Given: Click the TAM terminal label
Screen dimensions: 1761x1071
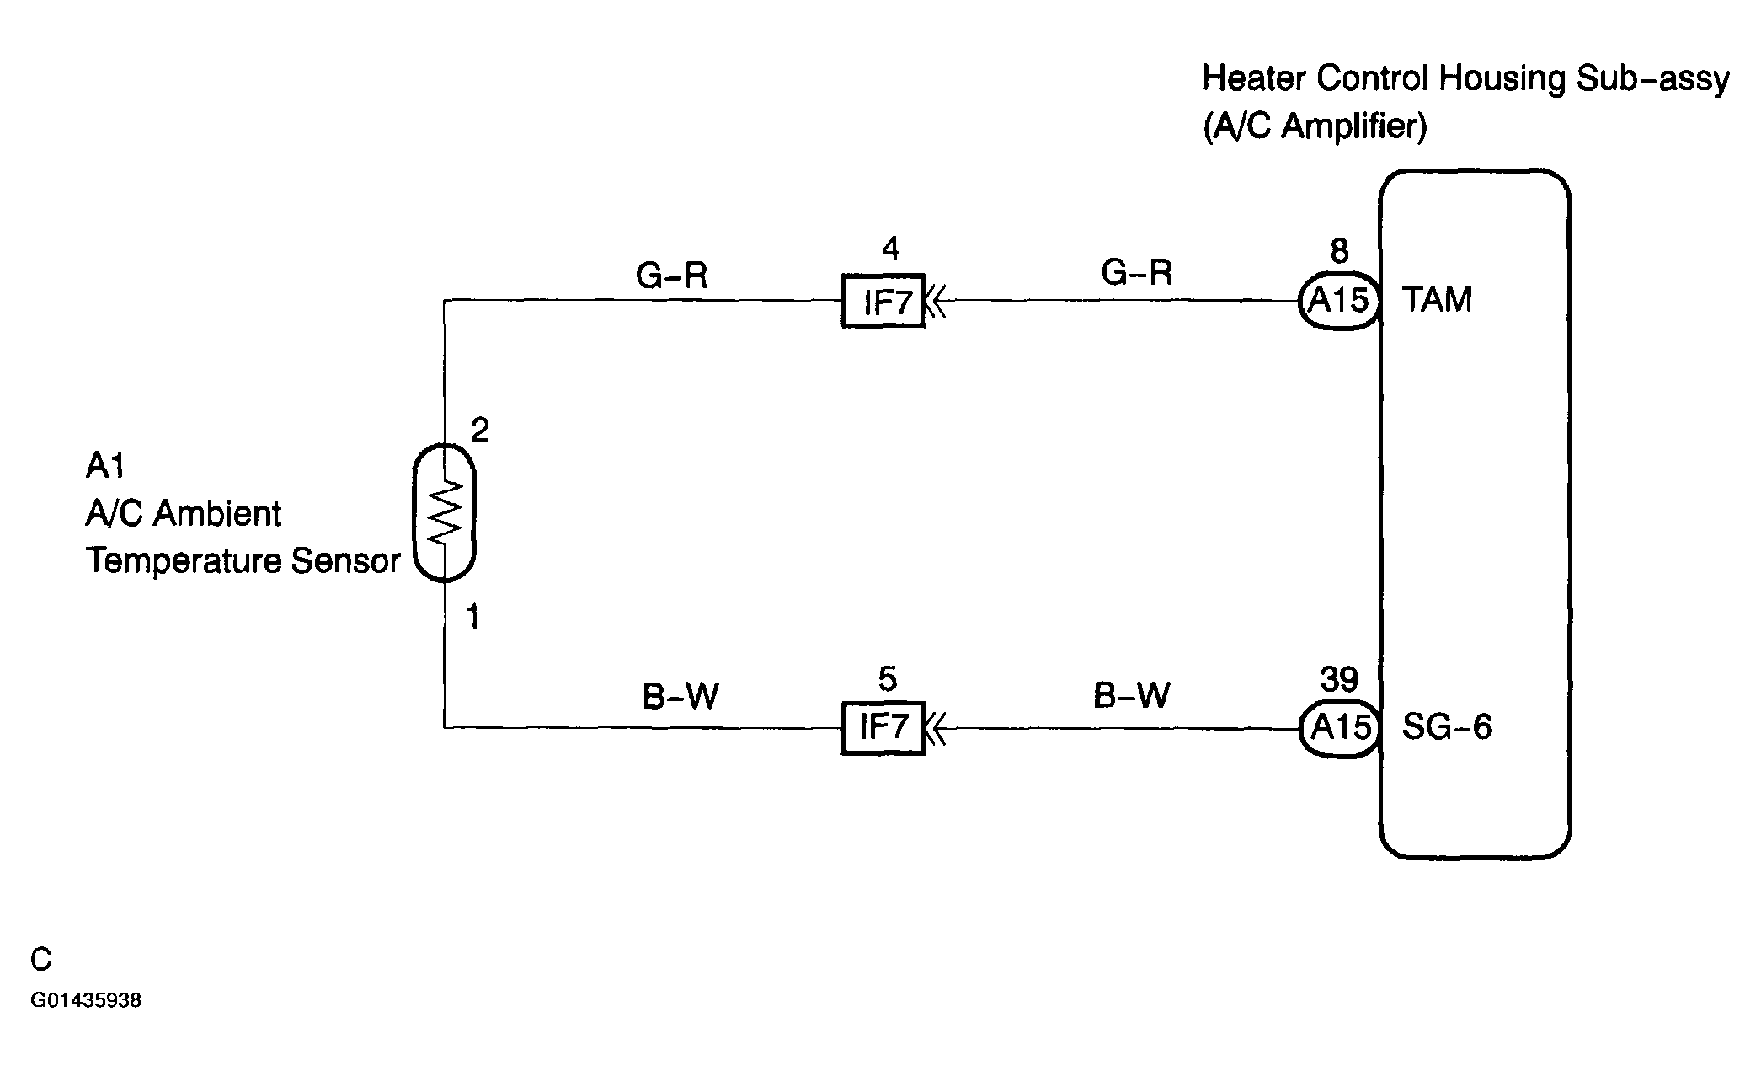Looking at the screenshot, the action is click(x=1437, y=299).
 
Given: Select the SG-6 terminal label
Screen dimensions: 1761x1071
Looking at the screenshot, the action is click(x=1446, y=726).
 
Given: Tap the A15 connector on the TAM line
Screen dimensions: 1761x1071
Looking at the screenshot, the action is click(x=1339, y=300).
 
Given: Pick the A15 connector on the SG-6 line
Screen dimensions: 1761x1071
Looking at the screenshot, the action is click(x=1339, y=728).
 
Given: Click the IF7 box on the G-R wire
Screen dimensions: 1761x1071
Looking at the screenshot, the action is click(x=883, y=301).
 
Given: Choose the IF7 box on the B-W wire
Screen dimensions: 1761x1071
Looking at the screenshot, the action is click(x=883, y=728).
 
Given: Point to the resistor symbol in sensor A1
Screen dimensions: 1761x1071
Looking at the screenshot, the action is click(x=445, y=511).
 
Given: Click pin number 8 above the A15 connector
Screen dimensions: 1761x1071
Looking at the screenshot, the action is click(x=1339, y=251).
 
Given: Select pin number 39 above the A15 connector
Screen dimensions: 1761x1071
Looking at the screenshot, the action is click(x=1339, y=679).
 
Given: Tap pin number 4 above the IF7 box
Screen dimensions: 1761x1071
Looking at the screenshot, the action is click(x=890, y=249).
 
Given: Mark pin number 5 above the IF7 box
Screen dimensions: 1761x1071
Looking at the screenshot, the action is click(x=888, y=679).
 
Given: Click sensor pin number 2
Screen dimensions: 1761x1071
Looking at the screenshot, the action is click(x=479, y=431).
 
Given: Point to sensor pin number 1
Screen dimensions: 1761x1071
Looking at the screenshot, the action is click(x=473, y=618).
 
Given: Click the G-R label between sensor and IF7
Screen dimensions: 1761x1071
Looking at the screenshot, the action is click(x=671, y=276).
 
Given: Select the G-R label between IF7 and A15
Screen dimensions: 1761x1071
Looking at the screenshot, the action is click(x=1136, y=272).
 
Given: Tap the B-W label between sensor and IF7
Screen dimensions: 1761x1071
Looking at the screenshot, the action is click(x=680, y=697).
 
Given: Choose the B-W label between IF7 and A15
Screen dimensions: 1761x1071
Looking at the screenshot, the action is click(x=1132, y=695).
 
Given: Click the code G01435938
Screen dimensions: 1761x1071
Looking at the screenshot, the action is click(x=86, y=1001).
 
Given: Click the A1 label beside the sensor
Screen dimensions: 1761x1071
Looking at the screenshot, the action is click(x=105, y=465).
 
